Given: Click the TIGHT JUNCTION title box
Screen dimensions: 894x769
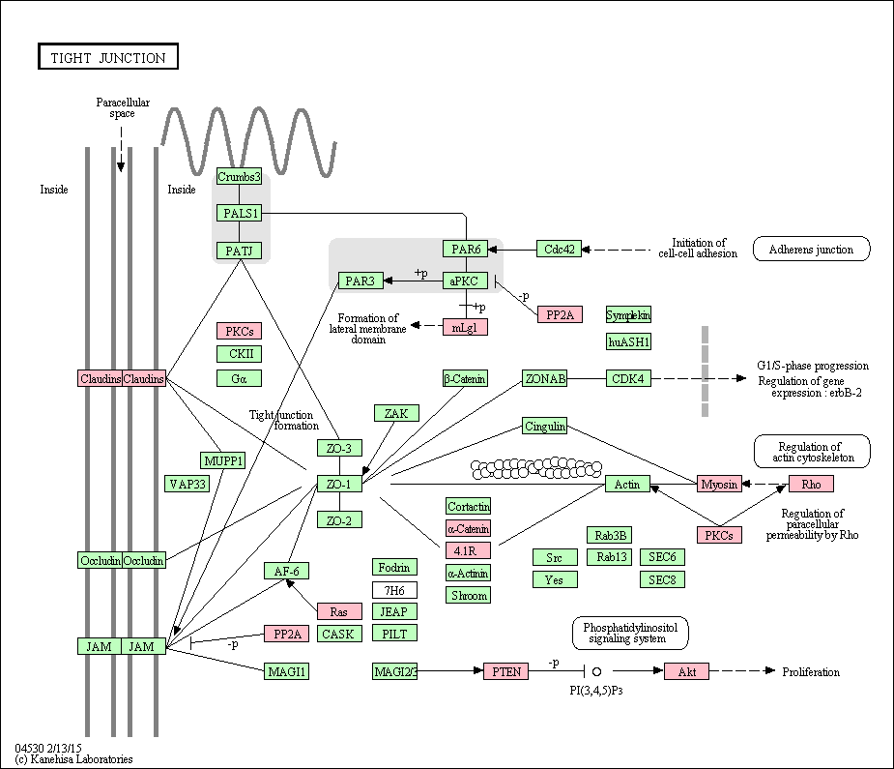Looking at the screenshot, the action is (x=108, y=56).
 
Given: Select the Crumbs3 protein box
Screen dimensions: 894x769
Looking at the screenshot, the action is (x=239, y=176).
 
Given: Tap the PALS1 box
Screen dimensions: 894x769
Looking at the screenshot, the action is (x=239, y=214).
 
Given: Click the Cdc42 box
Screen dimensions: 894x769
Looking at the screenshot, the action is (x=559, y=249).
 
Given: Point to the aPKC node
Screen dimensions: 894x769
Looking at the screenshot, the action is (x=465, y=281).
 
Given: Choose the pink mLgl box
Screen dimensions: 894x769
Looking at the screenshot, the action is (x=465, y=328).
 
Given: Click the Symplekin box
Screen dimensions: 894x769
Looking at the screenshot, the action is (x=628, y=315).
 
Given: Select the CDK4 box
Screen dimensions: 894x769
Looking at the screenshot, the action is (x=628, y=378).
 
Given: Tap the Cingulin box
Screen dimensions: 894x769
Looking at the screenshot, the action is (x=544, y=426).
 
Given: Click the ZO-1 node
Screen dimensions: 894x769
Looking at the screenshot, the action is (x=339, y=484).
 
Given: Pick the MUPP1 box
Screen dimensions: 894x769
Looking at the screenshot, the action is (x=223, y=460).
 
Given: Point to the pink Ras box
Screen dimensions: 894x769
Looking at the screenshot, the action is (x=339, y=611).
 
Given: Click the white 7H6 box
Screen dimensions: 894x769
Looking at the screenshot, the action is (x=394, y=590).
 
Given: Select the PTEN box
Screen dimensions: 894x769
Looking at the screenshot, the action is (x=506, y=671).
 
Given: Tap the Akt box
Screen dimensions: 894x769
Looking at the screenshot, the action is (x=687, y=671).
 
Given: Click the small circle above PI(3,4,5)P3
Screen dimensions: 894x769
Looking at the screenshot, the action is (x=597, y=671).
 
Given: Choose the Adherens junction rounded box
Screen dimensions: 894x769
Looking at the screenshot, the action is (x=811, y=249).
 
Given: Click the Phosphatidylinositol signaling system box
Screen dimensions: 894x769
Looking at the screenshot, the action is (x=630, y=633).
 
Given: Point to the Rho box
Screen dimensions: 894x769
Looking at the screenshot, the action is (x=811, y=484).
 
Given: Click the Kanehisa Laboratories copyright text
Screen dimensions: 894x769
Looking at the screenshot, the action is (x=74, y=758).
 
